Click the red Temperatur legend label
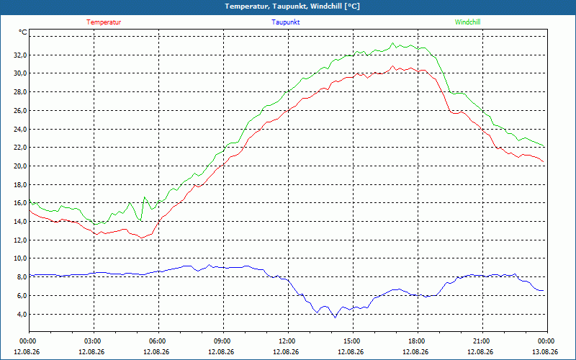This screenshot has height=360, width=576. click(x=104, y=22)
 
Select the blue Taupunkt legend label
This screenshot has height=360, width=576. click(x=285, y=22)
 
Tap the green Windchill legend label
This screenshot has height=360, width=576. click(x=467, y=22)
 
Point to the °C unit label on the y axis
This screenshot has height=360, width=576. click(x=23, y=32)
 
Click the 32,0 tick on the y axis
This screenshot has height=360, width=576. click(x=19, y=55)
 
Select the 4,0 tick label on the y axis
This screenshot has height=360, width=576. click(x=21, y=314)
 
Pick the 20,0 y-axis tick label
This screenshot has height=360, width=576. click(x=19, y=166)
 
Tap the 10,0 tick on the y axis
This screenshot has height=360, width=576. click(x=19, y=258)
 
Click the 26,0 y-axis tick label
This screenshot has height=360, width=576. click(x=19, y=111)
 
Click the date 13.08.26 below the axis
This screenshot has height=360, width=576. click(x=545, y=351)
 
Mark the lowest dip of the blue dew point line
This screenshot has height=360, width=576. click(x=335, y=318)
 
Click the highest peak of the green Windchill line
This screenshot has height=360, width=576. click(x=392, y=43)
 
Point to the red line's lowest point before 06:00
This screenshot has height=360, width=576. click(x=142, y=238)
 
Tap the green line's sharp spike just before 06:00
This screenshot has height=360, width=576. click(x=145, y=197)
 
